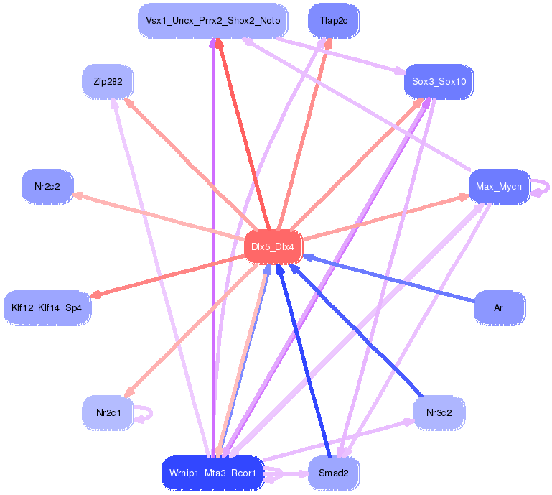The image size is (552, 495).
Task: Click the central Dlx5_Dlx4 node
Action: (273, 246)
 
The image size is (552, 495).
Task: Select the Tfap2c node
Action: (333, 21)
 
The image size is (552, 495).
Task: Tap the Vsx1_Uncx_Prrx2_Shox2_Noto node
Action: (212, 21)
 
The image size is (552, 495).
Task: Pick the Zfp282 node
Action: (107, 82)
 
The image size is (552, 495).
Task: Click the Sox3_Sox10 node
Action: (439, 82)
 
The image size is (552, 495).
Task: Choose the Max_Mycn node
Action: (499, 187)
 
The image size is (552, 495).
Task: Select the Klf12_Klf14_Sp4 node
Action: (47, 307)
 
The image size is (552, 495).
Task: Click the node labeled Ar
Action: (499, 307)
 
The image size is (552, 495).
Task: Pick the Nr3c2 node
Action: (439, 413)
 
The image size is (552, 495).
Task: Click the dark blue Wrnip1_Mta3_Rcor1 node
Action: (212, 473)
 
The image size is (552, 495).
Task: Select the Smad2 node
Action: (333, 473)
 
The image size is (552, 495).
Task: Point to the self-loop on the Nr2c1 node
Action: (149, 413)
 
